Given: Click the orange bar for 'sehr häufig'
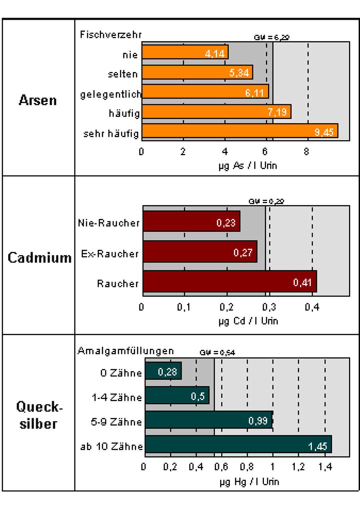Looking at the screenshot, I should click(x=240, y=131).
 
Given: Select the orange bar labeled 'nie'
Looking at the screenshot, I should click(x=185, y=52).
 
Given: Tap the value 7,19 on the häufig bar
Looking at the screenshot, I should click(x=276, y=112).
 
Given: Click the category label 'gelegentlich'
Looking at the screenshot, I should click(x=111, y=93).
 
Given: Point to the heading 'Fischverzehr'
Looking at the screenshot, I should click(x=111, y=34).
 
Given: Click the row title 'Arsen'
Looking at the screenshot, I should click(x=38, y=100).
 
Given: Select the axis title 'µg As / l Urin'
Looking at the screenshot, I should click(x=244, y=165).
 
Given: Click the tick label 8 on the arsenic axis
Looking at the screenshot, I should click(x=306, y=152).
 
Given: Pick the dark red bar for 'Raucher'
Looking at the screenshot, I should click(x=229, y=281).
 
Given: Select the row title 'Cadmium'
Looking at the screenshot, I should click(x=39, y=258).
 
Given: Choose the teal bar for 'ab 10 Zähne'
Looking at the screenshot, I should click(x=237, y=444).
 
